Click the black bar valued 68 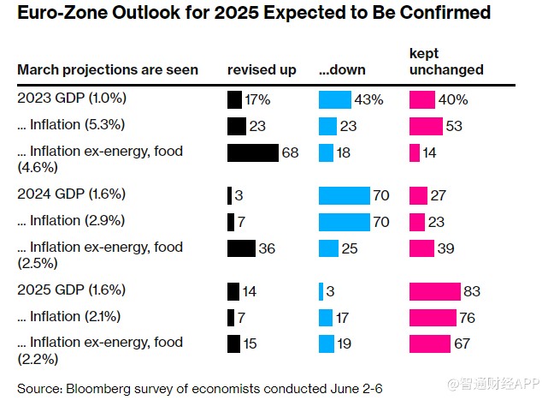click(253, 152)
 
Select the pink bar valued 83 click(435, 291)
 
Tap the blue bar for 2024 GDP click(344, 195)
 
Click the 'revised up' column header click(262, 69)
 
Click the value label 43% click(369, 100)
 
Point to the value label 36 click(268, 248)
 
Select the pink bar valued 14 click(415, 152)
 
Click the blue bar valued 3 click(321, 291)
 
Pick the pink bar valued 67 click(430, 343)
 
